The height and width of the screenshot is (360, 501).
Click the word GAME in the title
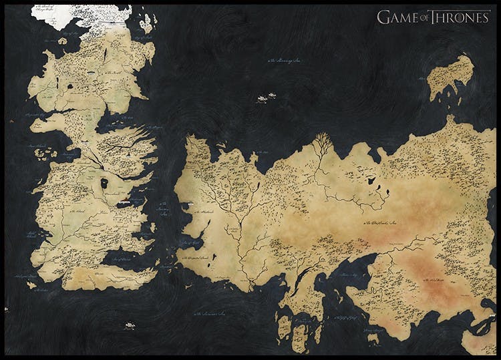pyautogui.click(x=395, y=17)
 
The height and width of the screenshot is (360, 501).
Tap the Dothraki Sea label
pyautogui.click(x=383, y=222)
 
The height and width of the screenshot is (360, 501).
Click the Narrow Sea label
pyautogui.click(x=162, y=210)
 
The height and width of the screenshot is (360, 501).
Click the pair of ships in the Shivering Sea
pyautogui.click(x=267, y=99)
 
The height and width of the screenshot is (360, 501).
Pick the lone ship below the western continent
pyautogui.click(x=129, y=326)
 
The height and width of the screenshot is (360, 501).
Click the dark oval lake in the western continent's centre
pyautogui.click(x=104, y=182)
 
